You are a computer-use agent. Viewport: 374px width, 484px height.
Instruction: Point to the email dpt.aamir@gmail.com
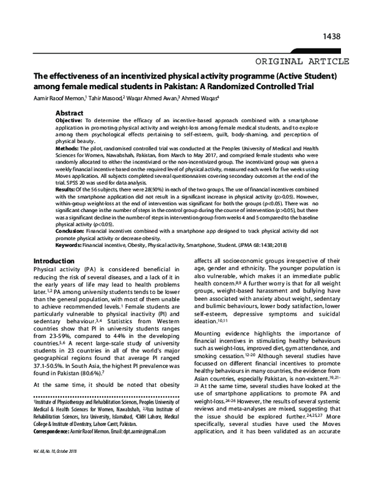[x=151, y=430]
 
